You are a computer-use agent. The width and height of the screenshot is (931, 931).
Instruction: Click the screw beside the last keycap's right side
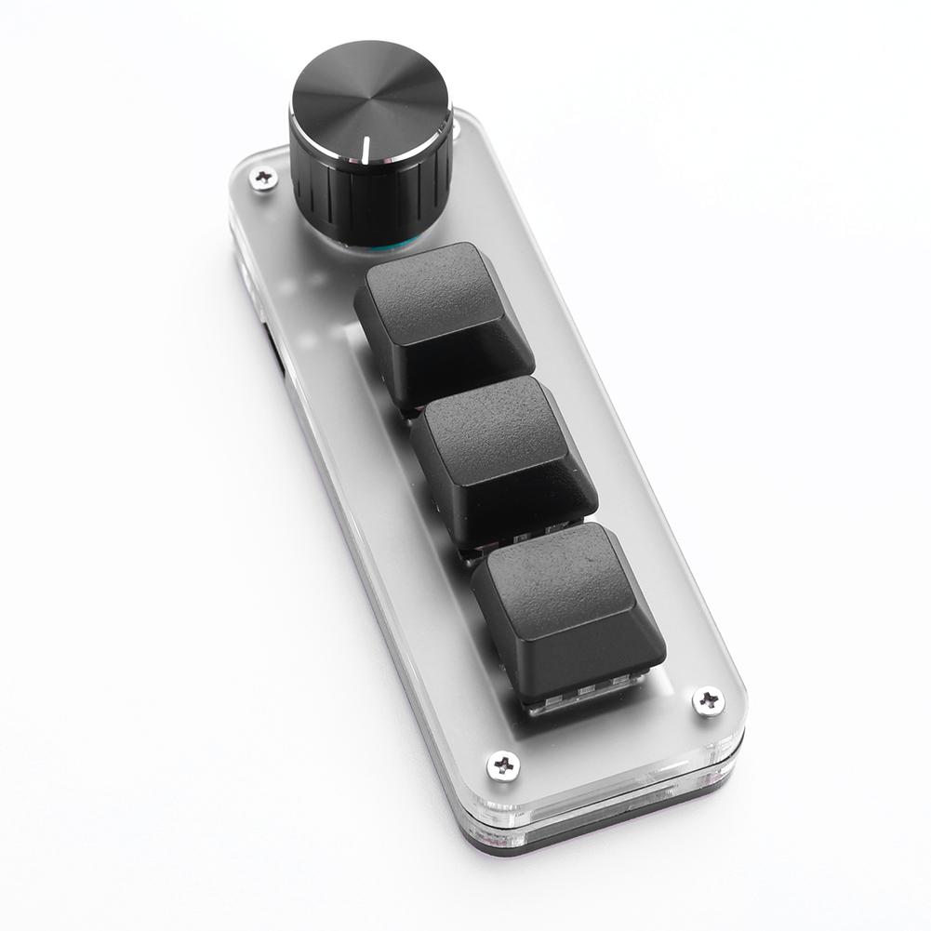point(708,700)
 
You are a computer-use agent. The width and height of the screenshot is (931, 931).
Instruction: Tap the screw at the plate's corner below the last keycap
point(504,765)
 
